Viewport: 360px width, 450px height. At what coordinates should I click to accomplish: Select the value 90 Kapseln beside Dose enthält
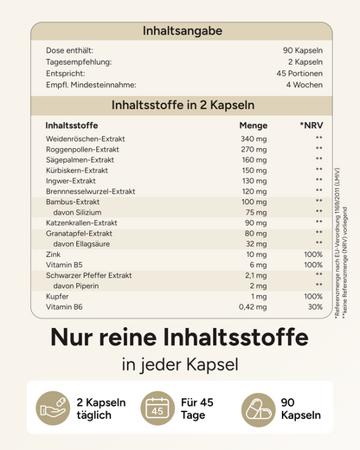coord(303,50)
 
